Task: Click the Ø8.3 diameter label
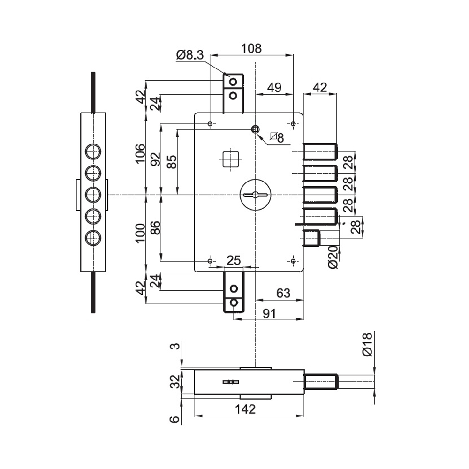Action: tap(190, 55)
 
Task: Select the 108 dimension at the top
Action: tap(251, 48)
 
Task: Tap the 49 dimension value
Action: tap(274, 88)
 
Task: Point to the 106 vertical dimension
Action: tap(140, 153)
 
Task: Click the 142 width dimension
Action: tap(245, 409)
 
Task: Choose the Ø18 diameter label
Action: tap(367, 344)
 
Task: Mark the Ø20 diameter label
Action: tap(333, 257)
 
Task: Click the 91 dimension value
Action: tap(269, 313)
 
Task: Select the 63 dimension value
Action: tap(283, 293)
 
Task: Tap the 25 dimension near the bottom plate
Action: tap(234, 260)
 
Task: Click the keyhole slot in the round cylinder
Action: tap(256, 195)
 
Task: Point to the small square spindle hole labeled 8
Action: tap(255, 129)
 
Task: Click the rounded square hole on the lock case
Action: tap(231, 159)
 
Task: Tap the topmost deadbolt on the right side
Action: tap(320, 151)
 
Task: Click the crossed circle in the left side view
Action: tap(93, 238)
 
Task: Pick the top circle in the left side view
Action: tap(93, 151)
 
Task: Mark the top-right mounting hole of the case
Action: tap(293, 124)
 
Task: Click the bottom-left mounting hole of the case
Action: tap(210, 261)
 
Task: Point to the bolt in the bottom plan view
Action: tap(321, 382)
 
